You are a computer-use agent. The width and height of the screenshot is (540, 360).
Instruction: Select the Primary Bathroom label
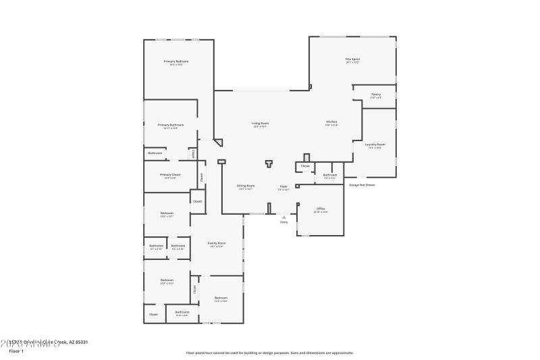171,125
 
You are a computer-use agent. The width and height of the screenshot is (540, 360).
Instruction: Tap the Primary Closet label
170,175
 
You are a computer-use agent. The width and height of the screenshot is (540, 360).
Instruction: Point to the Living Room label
260,124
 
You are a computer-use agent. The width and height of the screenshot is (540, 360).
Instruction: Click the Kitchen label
331,122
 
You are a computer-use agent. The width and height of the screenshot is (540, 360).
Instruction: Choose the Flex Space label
352,59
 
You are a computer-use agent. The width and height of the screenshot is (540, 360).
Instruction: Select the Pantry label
376,95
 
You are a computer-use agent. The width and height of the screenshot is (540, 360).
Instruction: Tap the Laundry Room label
375,145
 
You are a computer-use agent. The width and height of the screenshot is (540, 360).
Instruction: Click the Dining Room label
246,186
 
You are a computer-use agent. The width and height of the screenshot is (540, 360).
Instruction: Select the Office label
321,209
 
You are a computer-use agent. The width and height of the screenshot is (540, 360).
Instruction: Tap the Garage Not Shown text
362,184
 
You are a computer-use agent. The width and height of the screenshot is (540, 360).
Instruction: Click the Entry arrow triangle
284,217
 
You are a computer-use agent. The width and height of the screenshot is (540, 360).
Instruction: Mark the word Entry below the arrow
284,222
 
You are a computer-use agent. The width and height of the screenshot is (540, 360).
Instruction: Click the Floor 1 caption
16,351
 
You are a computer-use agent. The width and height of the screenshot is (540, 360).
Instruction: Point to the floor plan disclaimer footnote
269,353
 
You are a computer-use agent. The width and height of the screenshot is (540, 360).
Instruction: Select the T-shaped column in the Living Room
269,163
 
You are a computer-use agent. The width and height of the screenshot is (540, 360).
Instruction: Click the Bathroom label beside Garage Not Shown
330,176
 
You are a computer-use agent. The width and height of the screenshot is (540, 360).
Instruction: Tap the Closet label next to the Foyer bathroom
305,165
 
